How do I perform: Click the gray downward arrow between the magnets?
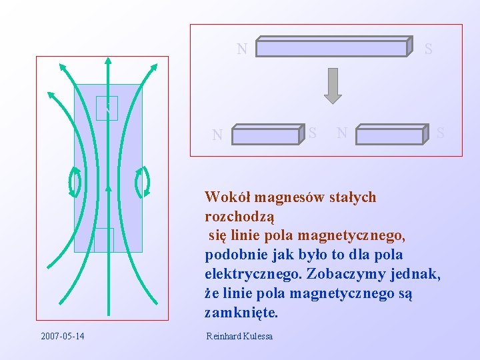[333, 85]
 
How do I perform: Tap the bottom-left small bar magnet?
[267, 135]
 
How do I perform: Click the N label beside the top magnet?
[242, 49]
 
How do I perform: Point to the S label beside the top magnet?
[428, 49]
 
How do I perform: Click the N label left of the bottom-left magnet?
[217, 135]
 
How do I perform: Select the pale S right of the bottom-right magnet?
[440, 134]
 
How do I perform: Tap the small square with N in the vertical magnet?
[107, 108]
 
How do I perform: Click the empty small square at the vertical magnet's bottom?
[104, 240]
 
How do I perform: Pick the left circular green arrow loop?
[75, 181]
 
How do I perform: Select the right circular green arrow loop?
[142, 181]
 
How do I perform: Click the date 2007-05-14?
[62, 335]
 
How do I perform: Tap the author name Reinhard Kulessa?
[239, 336]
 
